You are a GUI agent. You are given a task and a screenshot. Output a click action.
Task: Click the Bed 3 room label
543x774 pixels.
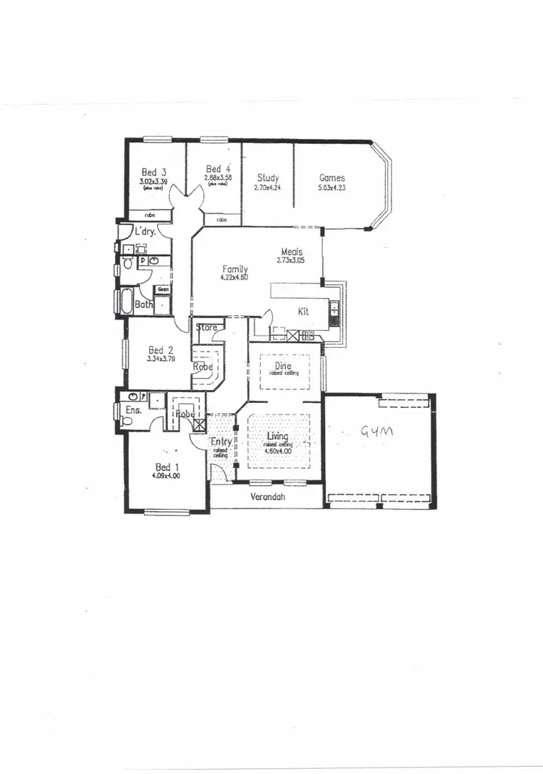[149, 172]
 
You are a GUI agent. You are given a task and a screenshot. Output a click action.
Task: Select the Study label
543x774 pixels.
[268, 178]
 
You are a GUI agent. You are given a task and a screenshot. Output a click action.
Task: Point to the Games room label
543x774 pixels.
[332, 178]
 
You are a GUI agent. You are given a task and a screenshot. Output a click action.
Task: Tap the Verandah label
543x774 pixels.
[266, 497]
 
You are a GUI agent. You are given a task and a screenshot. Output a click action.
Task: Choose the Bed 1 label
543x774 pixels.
[165, 467]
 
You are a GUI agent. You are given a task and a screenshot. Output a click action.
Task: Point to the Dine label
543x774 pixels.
[283, 366]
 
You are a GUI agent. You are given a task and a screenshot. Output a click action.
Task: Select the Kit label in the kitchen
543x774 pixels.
[304, 311]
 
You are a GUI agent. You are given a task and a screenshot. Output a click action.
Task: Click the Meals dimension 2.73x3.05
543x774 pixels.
[295, 260]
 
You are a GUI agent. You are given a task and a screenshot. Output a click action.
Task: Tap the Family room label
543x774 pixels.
[235, 269]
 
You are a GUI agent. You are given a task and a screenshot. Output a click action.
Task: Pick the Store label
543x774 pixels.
[207, 328]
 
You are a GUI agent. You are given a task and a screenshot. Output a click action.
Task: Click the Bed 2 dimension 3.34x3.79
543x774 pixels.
[161, 358]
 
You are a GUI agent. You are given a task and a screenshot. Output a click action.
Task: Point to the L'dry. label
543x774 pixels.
[146, 232]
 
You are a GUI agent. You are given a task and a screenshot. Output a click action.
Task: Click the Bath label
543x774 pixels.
[143, 305]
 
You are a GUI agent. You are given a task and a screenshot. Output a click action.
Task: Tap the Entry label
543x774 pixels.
[220, 442]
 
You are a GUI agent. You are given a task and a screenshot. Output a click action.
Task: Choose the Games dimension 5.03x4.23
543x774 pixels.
[332, 187]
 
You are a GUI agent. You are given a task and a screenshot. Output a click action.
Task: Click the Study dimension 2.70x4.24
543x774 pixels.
[267, 187]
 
